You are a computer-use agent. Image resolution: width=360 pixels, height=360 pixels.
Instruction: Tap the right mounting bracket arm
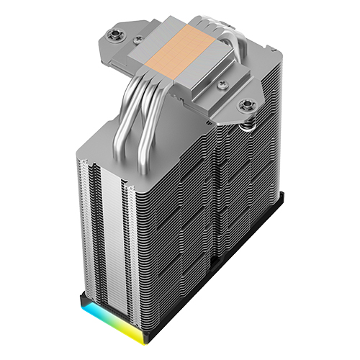click(248, 97)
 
